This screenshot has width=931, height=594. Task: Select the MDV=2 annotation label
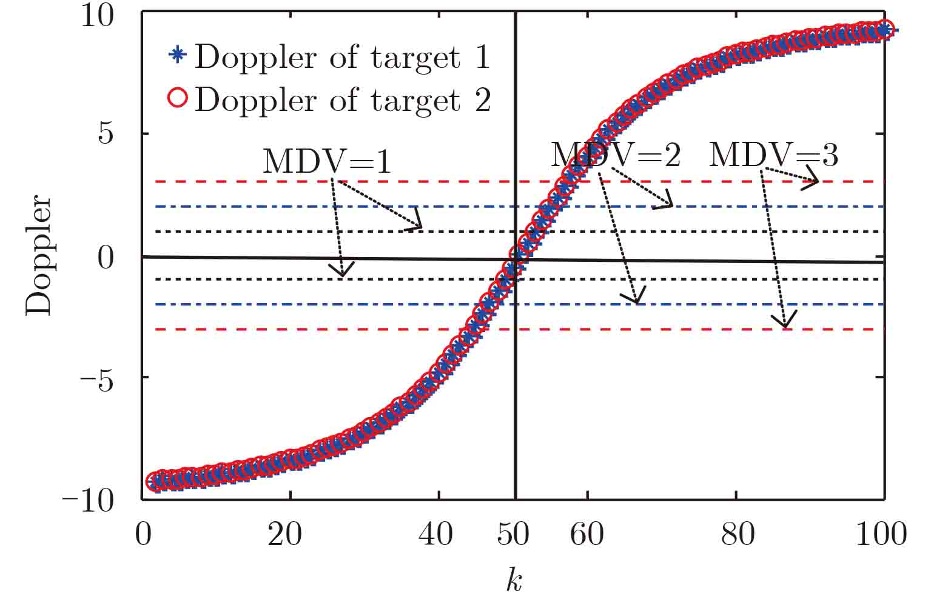tap(616, 155)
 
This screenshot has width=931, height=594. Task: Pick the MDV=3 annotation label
tap(774, 155)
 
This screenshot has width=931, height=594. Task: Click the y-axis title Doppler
tap(40, 255)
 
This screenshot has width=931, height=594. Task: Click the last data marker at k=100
tap(885, 29)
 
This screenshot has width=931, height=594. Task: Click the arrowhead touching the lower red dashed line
tap(786, 322)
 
